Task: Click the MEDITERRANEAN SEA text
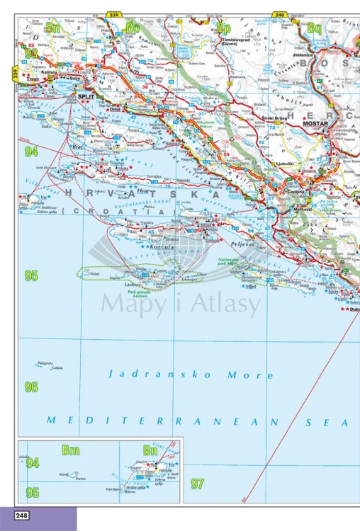tap(198, 421)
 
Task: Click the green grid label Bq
tap(314, 28)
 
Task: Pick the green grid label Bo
tap(133, 28)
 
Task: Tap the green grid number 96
tap(31, 387)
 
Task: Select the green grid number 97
tap(197, 484)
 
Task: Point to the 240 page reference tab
tap(279, 13)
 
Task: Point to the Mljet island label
tap(249, 286)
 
